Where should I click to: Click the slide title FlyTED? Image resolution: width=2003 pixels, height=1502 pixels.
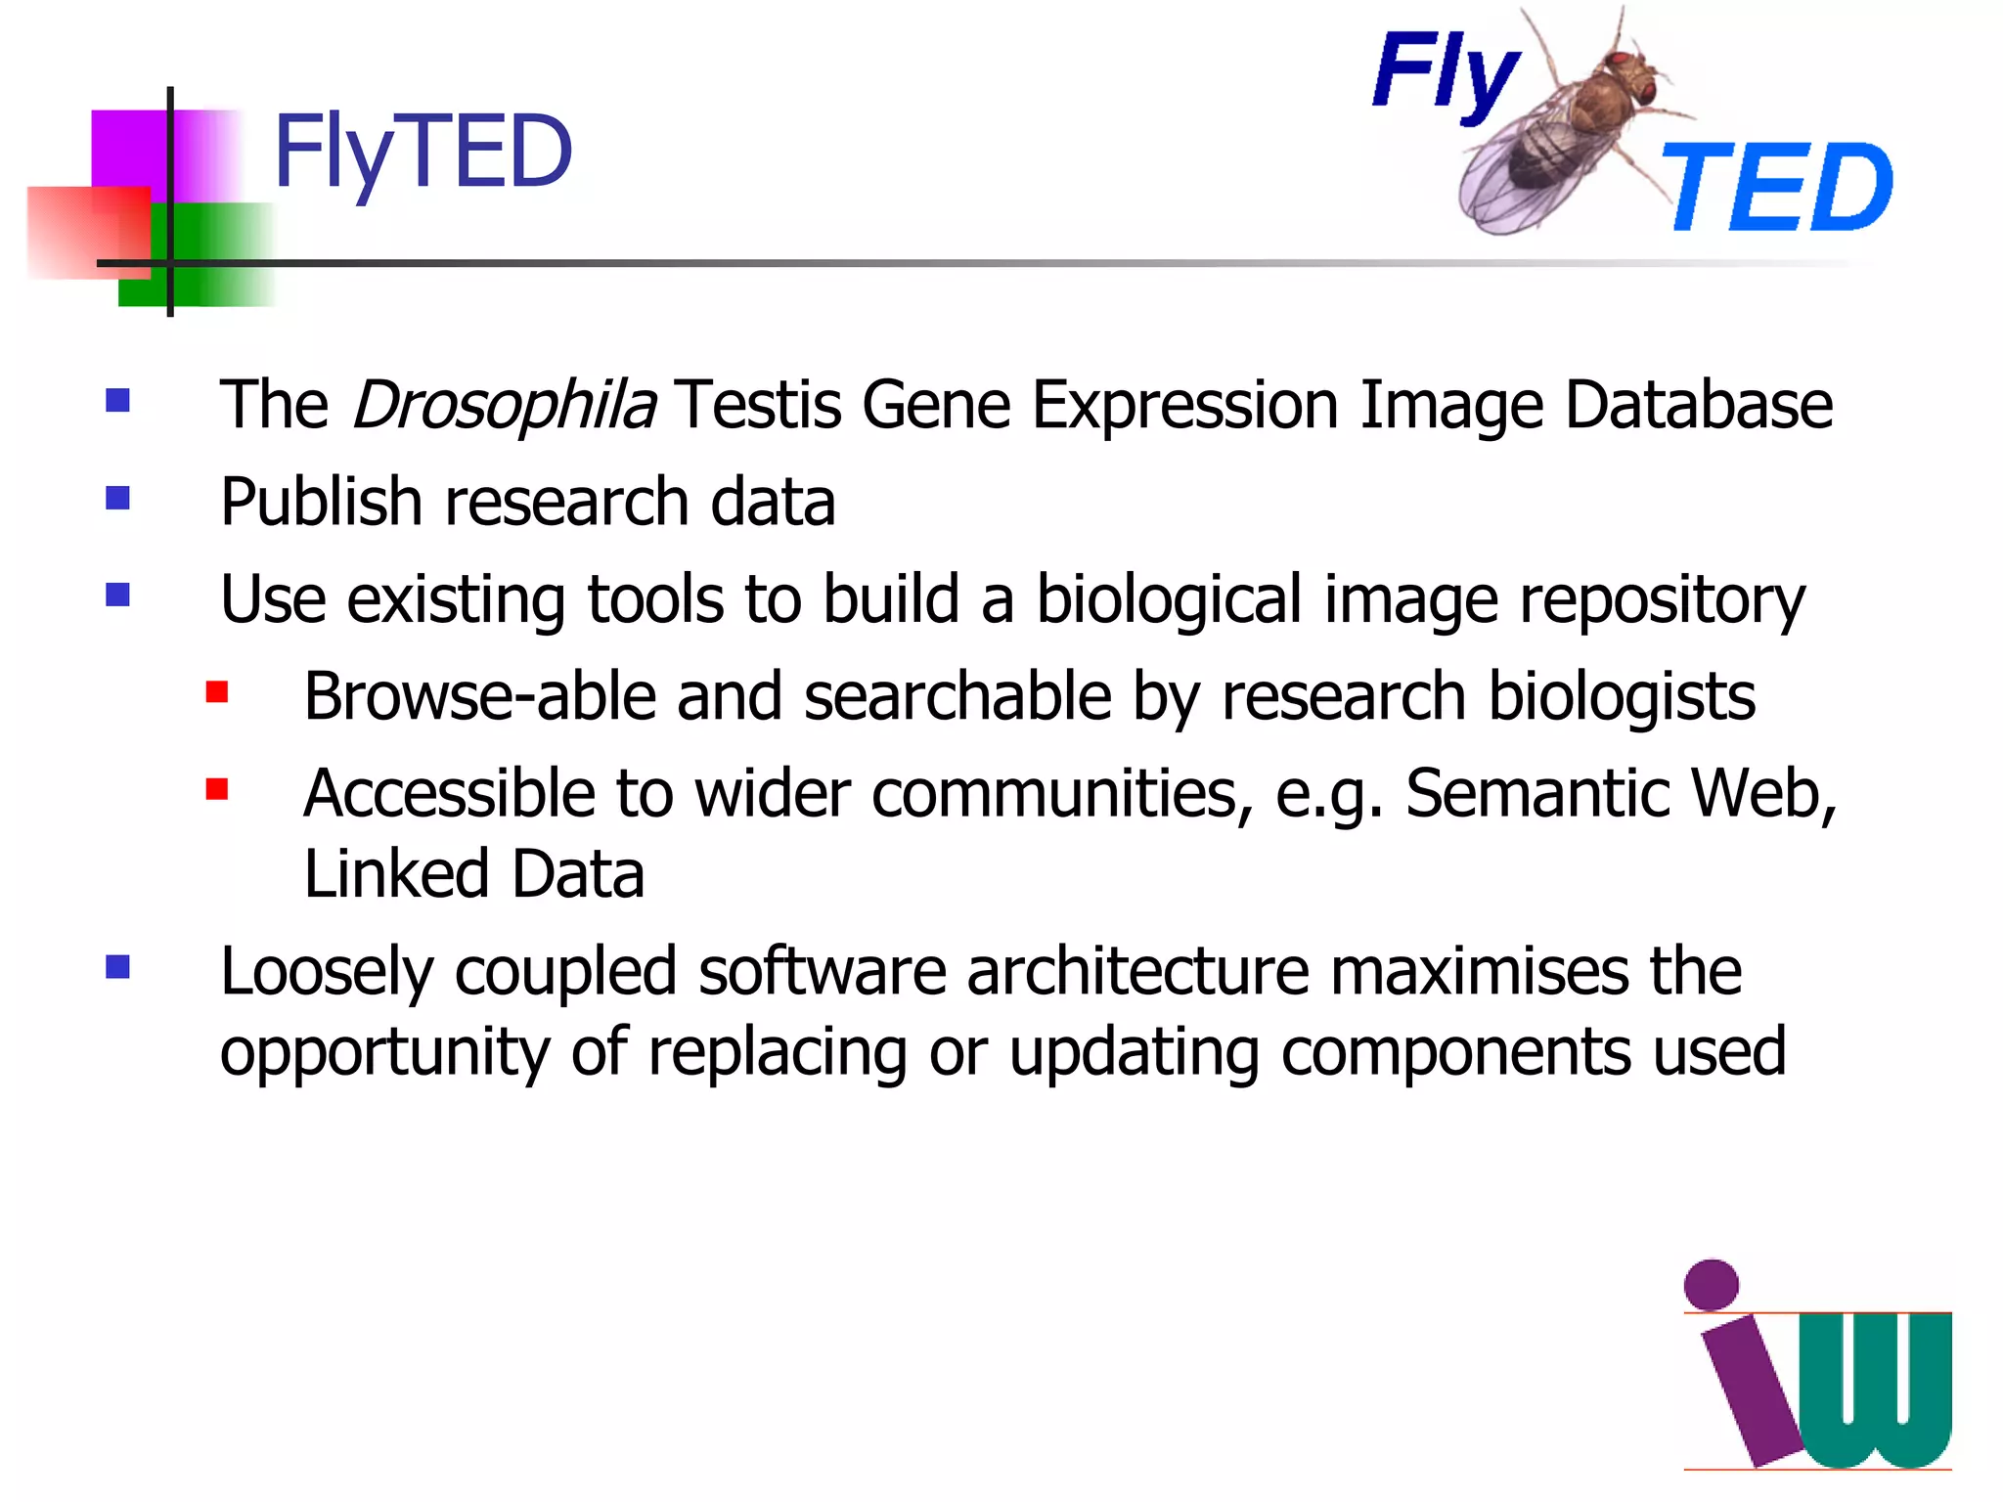click(x=423, y=153)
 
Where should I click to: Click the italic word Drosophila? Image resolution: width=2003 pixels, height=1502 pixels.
click(x=504, y=405)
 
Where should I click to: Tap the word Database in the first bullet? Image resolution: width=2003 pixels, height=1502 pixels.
click(x=1699, y=405)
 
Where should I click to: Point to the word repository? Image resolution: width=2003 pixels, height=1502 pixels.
click(x=1662, y=600)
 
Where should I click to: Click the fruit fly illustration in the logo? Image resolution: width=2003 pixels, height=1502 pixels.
click(x=1565, y=132)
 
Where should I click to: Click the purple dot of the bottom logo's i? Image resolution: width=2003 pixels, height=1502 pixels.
click(x=1712, y=1285)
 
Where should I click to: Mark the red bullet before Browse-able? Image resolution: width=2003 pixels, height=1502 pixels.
click(x=217, y=693)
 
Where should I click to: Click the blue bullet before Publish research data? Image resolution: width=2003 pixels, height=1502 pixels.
click(x=118, y=499)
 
